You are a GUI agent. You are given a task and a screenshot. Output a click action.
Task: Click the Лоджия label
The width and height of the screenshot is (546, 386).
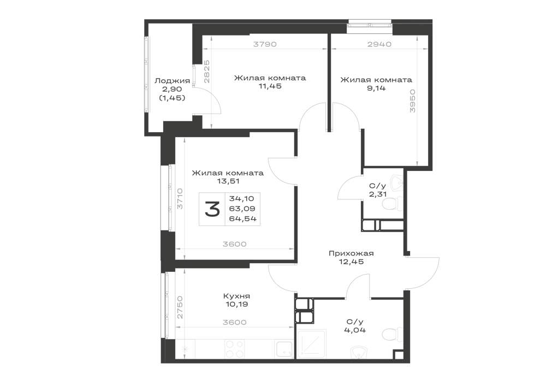click(172, 81)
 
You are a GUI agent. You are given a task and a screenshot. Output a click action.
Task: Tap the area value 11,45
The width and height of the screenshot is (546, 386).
click(270, 86)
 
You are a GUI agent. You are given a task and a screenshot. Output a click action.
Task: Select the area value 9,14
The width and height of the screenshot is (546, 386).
click(376, 88)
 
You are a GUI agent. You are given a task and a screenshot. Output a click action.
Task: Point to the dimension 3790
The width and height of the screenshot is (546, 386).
click(265, 44)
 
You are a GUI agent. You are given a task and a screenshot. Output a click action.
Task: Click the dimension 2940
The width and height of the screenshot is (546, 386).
click(379, 44)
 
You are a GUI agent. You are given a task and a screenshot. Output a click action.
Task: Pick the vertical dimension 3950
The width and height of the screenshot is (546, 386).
click(413, 101)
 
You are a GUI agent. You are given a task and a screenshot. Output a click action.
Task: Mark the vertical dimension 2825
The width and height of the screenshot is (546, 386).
click(206, 72)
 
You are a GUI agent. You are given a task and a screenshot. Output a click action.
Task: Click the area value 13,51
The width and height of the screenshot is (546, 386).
click(228, 181)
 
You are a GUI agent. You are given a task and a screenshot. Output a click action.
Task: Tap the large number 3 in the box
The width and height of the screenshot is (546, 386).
click(212, 209)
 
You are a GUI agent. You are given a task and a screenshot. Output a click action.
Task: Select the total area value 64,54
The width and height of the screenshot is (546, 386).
click(243, 218)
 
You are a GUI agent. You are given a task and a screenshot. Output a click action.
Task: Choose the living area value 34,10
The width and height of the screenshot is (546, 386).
click(242, 199)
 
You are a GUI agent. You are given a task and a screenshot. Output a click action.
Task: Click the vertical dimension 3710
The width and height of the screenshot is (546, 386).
click(180, 199)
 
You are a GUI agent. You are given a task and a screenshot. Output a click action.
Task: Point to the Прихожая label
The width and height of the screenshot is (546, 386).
click(351, 253)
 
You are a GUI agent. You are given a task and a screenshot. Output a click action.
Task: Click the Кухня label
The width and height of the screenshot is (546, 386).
click(237, 296)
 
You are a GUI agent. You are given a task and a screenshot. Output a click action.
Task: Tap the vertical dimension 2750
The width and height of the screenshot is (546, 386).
click(180, 307)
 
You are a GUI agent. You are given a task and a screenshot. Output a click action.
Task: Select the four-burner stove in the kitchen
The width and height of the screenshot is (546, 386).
click(234, 349)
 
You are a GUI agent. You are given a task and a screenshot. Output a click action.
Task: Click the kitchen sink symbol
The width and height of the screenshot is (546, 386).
click(284, 349)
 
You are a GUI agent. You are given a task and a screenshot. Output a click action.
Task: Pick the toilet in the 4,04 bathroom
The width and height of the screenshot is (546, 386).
click(390, 335)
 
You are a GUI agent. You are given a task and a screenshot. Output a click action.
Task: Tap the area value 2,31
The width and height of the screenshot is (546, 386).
click(378, 194)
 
